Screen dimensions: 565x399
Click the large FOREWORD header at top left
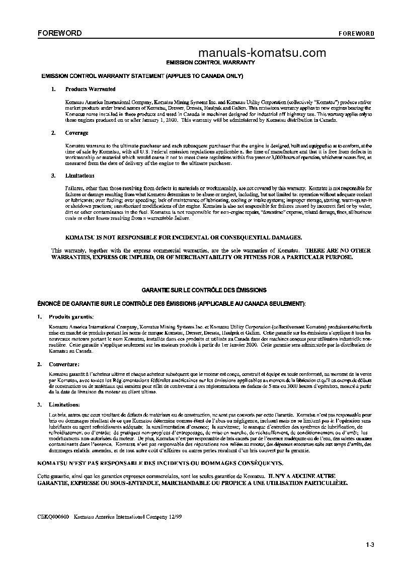coord(59,34)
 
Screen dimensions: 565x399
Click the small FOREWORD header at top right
coord(356,34)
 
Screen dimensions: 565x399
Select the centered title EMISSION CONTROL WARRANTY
coord(210,62)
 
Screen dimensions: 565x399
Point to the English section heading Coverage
coord(76,133)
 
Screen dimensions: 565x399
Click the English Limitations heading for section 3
coord(79,176)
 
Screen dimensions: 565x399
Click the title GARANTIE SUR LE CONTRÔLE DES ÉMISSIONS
coord(204,290)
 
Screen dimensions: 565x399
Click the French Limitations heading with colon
coord(64,405)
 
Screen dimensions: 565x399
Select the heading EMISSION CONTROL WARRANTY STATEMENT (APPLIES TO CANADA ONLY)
coord(142,76)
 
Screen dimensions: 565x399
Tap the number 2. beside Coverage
coord(53,133)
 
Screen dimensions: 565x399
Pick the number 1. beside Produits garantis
coord(39,317)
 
